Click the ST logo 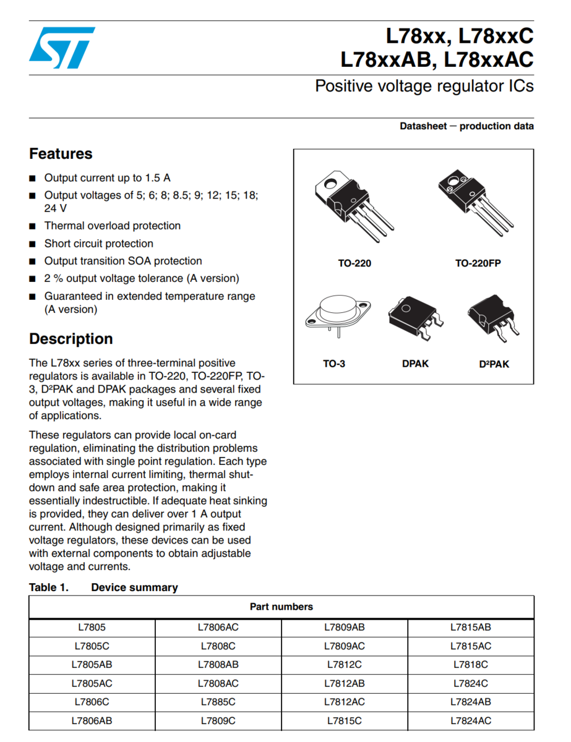click(x=62, y=48)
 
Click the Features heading click(x=61, y=154)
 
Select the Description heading click(x=71, y=339)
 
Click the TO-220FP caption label click(x=478, y=263)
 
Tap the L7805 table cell click(x=92, y=628)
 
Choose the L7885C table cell click(x=218, y=702)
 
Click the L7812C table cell click(x=345, y=665)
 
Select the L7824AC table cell click(x=471, y=721)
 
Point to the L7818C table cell click(x=471, y=665)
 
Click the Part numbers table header click(x=281, y=607)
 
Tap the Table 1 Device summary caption click(x=103, y=587)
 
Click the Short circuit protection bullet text click(x=98, y=244)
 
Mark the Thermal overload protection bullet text click(x=112, y=226)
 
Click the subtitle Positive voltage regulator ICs click(x=424, y=86)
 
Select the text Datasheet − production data click(x=466, y=126)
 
